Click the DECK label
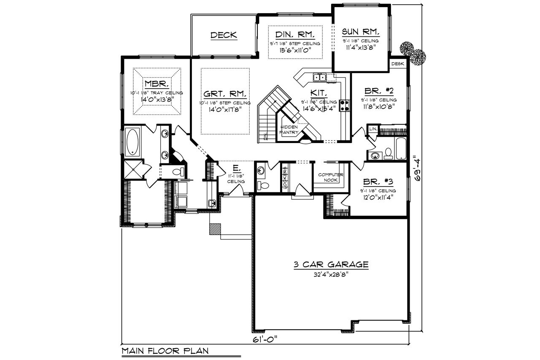[x=224, y=35]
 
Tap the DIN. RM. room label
[x=295, y=34]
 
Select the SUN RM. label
[x=361, y=32]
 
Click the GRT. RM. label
[x=225, y=94]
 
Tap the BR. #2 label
[x=378, y=91]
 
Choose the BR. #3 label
[x=378, y=182]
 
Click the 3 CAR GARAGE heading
[x=331, y=265]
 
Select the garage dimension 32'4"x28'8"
[x=331, y=273]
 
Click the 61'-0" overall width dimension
[x=265, y=339]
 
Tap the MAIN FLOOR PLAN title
[x=165, y=351]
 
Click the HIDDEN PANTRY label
[x=289, y=130]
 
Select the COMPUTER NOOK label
[x=331, y=177]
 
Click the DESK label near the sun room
[x=398, y=64]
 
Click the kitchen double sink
[x=319, y=77]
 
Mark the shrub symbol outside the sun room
[x=413, y=53]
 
